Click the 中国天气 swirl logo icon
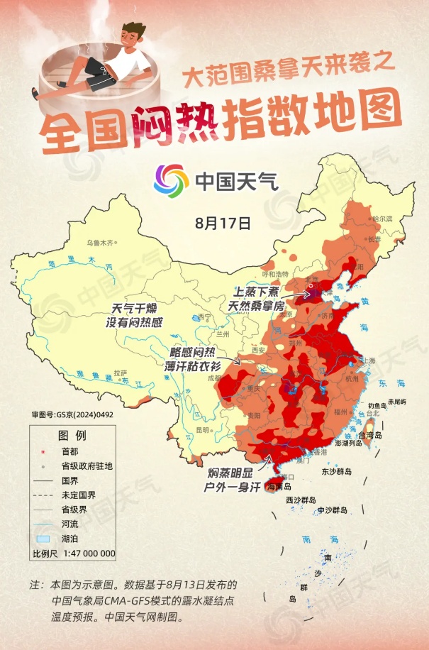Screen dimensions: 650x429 tap(172, 181)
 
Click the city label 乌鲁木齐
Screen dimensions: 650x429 tap(99, 243)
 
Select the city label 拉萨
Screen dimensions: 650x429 tap(121, 372)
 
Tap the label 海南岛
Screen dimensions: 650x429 tap(274, 488)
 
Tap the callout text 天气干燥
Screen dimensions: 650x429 tap(138, 309)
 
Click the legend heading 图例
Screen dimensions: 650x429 tap(72, 434)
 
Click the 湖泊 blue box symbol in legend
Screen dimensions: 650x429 tap(43, 539)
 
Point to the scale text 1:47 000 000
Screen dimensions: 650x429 tap(89, 553)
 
